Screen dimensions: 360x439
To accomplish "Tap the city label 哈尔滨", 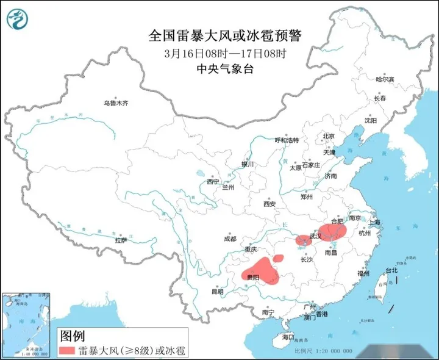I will coord(385,79).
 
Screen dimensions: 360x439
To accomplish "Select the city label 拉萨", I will coord(121,240).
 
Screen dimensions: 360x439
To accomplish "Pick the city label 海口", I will coord(288,337).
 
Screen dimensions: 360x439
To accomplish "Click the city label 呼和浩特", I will coord(287,140).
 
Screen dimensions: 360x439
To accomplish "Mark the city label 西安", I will coord(270,204).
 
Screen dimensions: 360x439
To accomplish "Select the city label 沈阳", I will coord(371,121).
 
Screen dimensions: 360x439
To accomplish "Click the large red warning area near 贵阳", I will coord(262,272).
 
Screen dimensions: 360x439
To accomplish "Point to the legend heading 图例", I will coord(72,335).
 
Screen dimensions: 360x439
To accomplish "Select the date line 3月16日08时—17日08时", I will coord(225,54).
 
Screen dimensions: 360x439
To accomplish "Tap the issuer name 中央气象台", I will coord(225,68).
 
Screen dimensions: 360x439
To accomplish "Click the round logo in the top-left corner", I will coord(18,20).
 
